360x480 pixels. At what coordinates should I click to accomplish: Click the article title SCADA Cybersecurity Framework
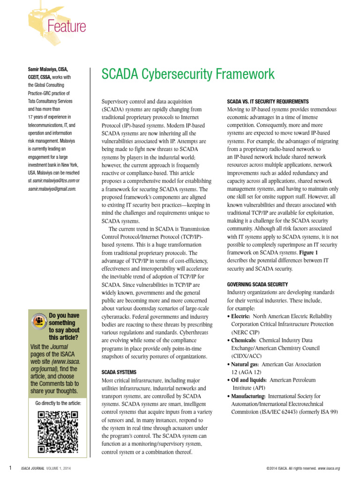click(188, 74)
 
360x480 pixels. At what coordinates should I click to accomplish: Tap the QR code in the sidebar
click(58, 431)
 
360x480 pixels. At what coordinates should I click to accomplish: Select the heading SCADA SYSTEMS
click(119, 372)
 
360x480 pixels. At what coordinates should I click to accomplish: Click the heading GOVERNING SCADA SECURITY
click(257, 285)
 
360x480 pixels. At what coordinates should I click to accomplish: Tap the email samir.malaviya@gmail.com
click(51, 189)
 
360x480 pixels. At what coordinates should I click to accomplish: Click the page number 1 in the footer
click(10, 468)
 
